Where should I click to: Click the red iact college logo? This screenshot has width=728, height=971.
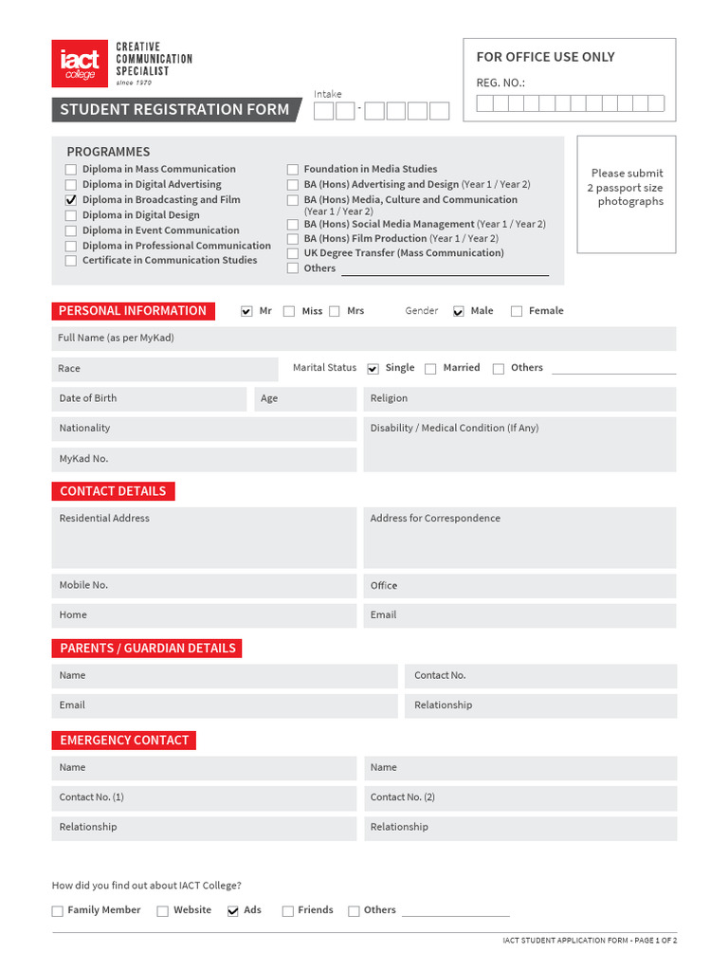click(x=80, y=64)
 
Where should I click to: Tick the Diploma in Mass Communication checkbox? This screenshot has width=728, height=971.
click(x=71, y=170)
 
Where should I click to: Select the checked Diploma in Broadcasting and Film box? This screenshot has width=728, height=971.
click(x=71, y=200)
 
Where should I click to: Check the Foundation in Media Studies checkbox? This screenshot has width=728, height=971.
click(x=293, y=170)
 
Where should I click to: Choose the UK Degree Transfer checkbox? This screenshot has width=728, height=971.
click(x=293, y=253)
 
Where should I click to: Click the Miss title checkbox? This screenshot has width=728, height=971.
click(x=289, y=311)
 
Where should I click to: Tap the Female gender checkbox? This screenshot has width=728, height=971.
click(x=517, y=311)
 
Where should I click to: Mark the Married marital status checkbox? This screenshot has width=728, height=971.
click(x=430, y=369)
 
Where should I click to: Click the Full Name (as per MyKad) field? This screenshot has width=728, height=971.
click(x=364, y=339)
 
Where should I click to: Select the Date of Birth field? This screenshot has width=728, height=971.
click(x=149, y=398)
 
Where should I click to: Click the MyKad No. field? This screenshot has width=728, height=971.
click(x=204, y=459)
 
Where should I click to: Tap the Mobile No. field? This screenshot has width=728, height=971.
click(x=204, y=585)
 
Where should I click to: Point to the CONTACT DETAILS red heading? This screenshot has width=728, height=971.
click(x=113, y=491)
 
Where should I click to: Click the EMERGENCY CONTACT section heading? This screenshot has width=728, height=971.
click(x=124, y=740)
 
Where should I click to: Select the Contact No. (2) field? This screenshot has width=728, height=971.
click(x=519, y=797)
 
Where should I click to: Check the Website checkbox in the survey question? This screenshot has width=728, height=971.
click(x=162, y=911)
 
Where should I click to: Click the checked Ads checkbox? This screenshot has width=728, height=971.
click(x=233, y=911)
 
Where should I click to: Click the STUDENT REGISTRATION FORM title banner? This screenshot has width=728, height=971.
click(x=174, y=110)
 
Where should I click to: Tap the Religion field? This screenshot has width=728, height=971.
click(x=519, y=398)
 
